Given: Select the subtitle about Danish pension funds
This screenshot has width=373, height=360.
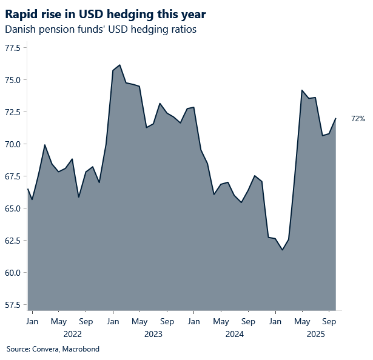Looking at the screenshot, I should point(100,29).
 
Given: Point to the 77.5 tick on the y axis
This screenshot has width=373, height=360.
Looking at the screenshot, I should point(12,48).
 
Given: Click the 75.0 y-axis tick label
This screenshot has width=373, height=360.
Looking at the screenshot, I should point(12,80).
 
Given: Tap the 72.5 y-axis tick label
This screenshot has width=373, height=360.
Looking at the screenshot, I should point(12,112).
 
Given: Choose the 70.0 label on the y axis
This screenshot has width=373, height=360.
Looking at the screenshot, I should point(12,144).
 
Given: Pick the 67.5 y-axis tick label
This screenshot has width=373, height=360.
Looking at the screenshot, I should point(12,176).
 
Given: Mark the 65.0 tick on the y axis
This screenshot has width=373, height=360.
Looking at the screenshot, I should point(12,208).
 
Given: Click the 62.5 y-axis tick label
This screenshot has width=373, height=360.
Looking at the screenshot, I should point(12,241).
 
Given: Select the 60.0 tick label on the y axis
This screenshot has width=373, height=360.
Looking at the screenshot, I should point(12,273).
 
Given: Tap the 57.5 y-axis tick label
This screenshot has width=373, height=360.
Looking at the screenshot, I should point(12,305).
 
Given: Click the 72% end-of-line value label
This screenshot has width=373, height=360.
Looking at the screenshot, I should point(358,119).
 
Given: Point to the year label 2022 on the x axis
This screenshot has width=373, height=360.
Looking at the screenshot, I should point(72,334).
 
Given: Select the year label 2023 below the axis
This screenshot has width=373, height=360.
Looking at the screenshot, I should point(153,334).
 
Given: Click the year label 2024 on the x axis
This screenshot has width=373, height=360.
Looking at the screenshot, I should point(234,334).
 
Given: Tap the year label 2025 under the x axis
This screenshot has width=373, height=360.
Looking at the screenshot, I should point(315,334).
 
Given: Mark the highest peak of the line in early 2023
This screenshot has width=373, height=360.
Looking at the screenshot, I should point(119,65).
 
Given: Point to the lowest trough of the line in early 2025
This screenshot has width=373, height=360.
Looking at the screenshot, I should point(281,250).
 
